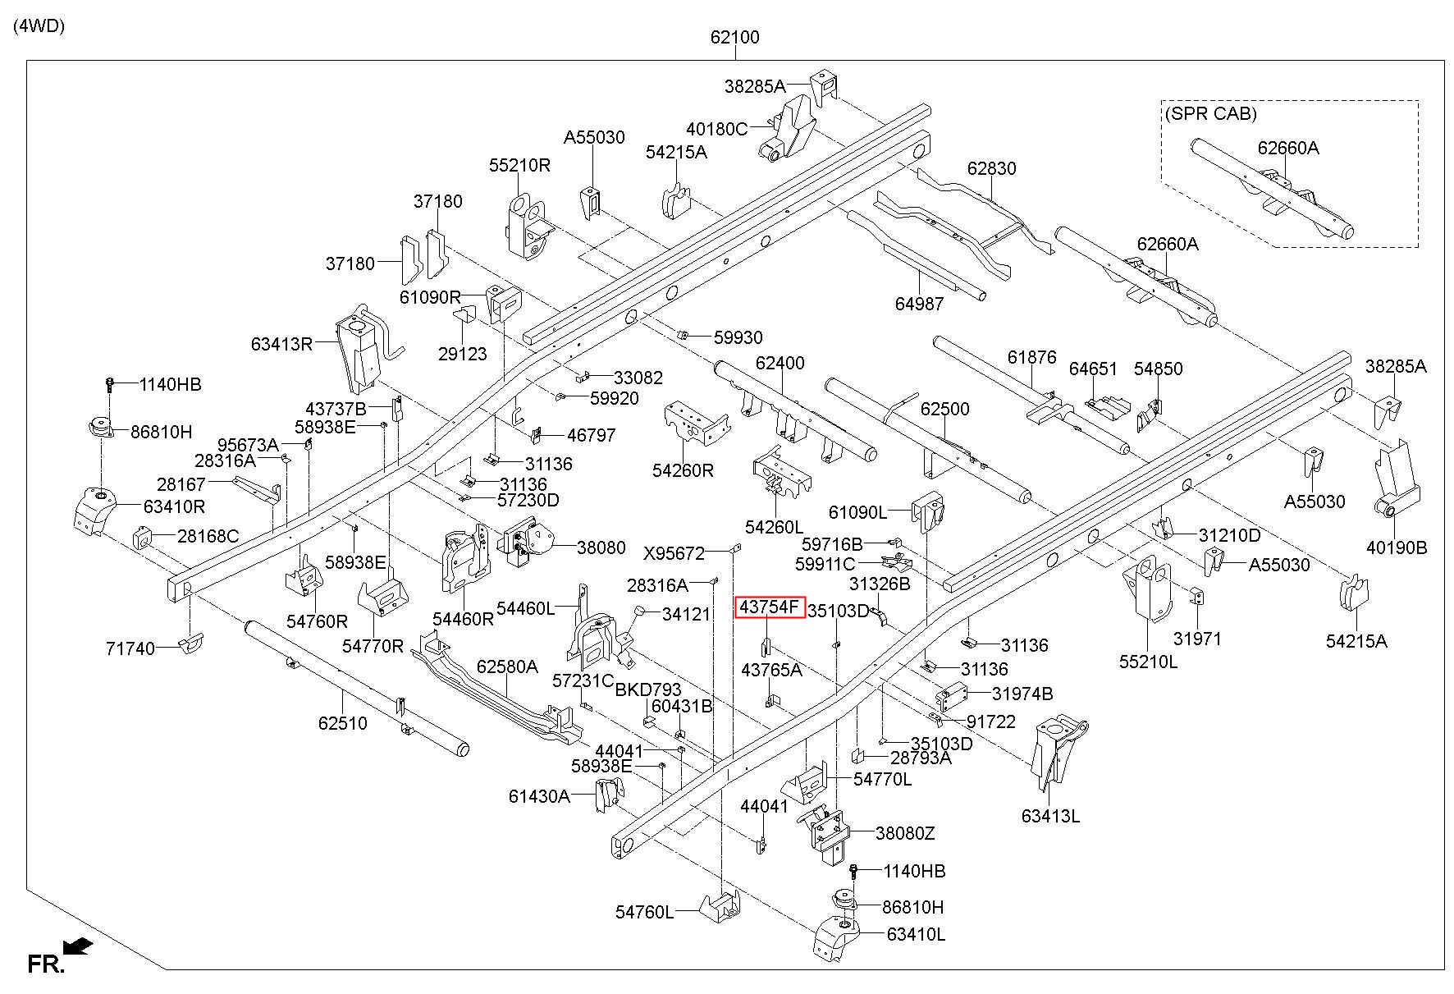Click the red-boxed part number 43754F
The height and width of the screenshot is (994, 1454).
point(769,607)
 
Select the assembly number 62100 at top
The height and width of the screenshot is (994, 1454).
point(734,37)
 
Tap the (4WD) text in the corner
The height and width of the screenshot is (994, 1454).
point(39,25)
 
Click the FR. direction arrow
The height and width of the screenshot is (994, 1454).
point(78,947)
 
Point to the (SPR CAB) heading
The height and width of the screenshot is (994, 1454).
point(1210,113)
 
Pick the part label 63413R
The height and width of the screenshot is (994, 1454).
point(282,343)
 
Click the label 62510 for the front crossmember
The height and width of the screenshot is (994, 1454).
point(343,723)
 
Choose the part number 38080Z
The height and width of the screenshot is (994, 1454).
point(905,833)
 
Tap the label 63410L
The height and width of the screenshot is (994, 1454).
point(916,934)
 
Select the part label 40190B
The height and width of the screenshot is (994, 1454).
point(1397,547)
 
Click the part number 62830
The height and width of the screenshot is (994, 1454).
point(991,168)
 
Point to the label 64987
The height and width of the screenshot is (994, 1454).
point(919,304)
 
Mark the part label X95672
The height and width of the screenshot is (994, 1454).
point(674,553)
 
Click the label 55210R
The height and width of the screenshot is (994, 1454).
point(519,165)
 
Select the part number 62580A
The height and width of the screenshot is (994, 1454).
point(507,666)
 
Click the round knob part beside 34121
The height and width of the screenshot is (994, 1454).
point(640,612)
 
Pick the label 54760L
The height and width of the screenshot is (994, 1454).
point(645,912)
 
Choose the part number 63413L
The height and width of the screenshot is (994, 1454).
point(1050,816)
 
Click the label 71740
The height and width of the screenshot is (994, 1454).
point(130,648)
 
